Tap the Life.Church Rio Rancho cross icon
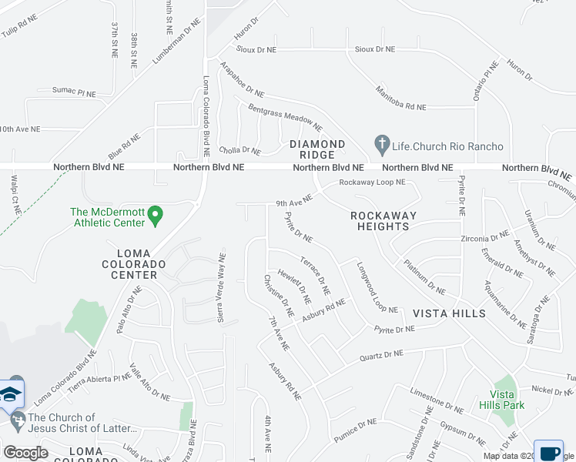[380, 144]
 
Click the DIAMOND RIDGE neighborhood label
[317, 149]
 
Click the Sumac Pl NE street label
[74, 93]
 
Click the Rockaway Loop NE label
[373, 183]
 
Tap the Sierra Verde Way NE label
[222, 283]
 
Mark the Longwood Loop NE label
[377, 288]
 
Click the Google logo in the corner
[25, 453]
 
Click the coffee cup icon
[550, 451]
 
